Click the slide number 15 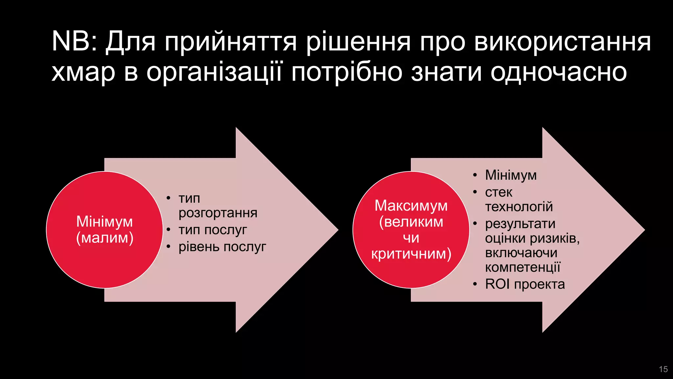663,369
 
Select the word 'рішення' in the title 359,42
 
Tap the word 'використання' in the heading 562,42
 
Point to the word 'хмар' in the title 83,72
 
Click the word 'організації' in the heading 214,72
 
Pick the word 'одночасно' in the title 559,72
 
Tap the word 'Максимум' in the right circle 411,206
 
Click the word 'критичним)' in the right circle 411,254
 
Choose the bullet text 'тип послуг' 213,230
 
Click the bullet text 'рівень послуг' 222,247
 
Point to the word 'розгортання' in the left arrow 218,213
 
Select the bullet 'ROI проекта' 525,284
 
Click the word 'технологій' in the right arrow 519,207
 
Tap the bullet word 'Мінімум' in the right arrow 511,175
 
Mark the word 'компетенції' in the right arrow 522,267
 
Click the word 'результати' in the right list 520,224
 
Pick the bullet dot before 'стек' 475,192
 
